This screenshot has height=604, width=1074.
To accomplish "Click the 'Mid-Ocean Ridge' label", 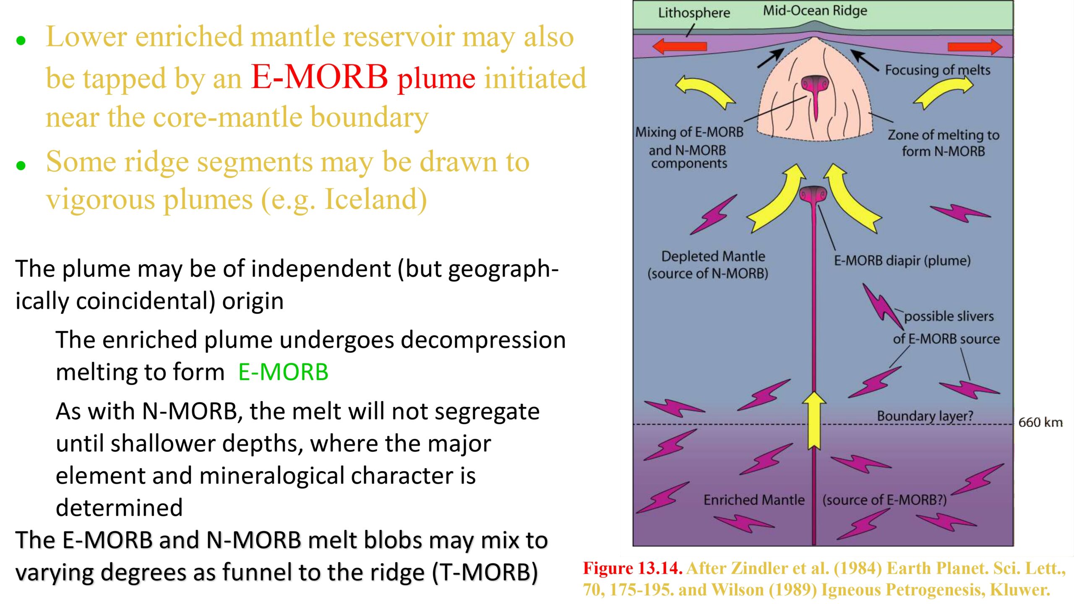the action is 815,11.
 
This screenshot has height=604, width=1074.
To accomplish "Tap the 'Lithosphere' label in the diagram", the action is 694,13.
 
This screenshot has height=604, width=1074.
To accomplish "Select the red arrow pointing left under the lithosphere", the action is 680,46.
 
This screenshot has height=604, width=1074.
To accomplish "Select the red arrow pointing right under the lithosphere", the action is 975,47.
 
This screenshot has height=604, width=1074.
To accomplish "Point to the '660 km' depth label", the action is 1040,422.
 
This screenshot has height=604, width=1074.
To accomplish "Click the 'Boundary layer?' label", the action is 925,416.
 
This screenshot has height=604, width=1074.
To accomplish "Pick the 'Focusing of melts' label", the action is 938,70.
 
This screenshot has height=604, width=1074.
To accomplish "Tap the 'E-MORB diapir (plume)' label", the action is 902,261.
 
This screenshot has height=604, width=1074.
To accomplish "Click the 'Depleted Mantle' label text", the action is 713,256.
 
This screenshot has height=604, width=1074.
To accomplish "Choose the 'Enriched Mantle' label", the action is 754,500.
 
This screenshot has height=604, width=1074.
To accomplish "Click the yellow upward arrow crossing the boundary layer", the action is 814,421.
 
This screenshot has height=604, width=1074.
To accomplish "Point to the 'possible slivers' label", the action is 949,316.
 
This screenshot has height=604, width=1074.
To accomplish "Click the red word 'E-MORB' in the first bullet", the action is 319,77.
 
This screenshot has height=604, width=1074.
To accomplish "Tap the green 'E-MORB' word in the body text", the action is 283,372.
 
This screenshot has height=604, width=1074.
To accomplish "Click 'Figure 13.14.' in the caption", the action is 633,568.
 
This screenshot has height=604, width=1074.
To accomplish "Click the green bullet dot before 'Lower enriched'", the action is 21,41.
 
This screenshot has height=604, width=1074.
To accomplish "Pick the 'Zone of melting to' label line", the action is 944,135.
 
